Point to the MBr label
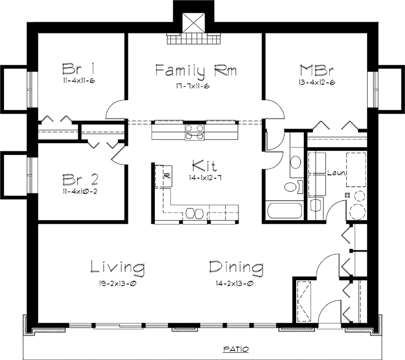point(317,70)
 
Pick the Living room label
point(118,267)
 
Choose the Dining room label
point(236,267)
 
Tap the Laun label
point(337,173)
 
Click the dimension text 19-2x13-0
point(118,283)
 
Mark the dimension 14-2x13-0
point(236,283)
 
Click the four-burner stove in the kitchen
point(194,130)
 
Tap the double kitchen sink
point(195,213)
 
